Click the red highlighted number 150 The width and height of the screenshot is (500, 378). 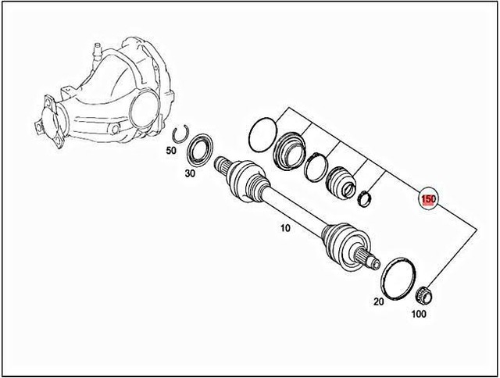point(428,200)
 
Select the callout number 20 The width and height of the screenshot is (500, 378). point(379,302)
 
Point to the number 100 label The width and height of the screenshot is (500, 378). point(420,316)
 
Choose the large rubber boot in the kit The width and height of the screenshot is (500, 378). point(291,148)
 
